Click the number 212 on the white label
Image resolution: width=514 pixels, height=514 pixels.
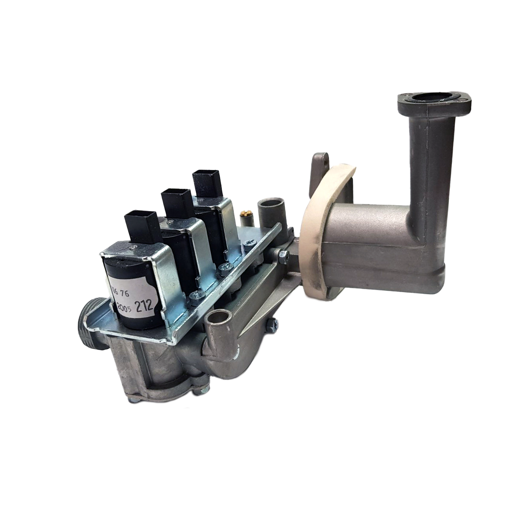click(145, 306)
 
